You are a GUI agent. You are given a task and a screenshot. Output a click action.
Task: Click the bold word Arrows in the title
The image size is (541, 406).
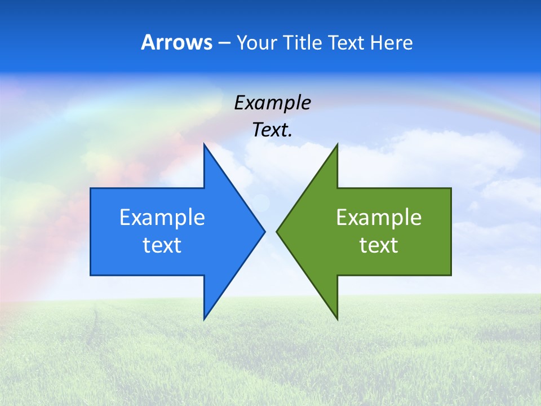[x=176, y=42]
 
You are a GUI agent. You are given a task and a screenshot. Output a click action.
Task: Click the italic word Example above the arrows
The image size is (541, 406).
[x=272, y=103]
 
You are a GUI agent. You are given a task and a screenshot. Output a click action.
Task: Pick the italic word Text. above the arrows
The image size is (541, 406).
[x=272, y=130]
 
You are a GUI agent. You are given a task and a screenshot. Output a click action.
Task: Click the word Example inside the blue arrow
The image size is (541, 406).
[x=162, y=218]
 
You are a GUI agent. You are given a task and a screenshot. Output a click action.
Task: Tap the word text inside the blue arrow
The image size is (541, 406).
[x=162, y=245]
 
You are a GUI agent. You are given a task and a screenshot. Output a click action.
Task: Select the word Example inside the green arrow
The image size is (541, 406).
[x=379, y=218]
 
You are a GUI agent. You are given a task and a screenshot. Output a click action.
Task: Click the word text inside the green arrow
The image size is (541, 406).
[x=379, y=245]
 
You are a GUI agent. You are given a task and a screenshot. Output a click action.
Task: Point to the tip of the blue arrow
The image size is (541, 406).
[x=264, y=231]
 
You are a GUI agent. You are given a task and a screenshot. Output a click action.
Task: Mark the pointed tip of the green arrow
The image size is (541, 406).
[x=277, y=231]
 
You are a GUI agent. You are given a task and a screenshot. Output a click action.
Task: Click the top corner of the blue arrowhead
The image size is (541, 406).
[x=204, y=144]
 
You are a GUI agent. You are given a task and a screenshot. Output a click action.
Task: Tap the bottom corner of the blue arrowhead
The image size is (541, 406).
[x=204, y=319]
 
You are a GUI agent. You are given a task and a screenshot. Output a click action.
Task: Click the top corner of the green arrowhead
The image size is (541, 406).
[x=337, y=144]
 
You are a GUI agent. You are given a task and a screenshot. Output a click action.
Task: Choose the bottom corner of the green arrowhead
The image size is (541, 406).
[x=337, y=319]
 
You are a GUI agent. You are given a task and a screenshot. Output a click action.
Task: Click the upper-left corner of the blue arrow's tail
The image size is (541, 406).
[x=91, y=188]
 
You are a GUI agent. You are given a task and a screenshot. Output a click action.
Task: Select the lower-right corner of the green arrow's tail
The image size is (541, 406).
[x=451, y=275]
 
